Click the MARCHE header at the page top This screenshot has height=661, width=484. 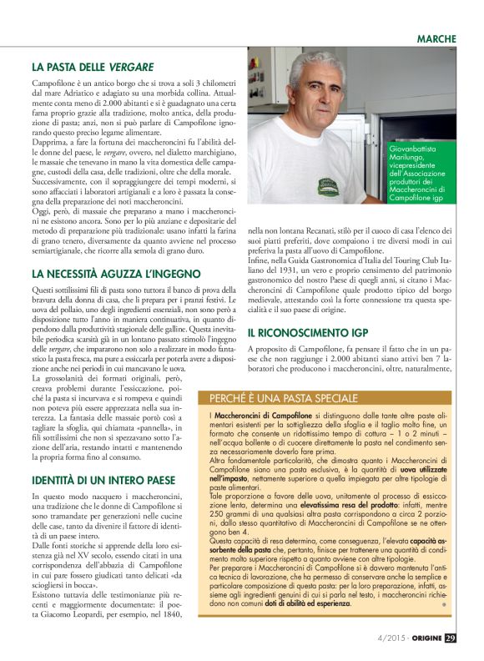[436, 39]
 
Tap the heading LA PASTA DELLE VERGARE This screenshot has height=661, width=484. [93, 66]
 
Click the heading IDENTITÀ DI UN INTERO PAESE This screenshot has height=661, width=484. [103, 457]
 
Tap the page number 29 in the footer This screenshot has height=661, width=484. [450, 638]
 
